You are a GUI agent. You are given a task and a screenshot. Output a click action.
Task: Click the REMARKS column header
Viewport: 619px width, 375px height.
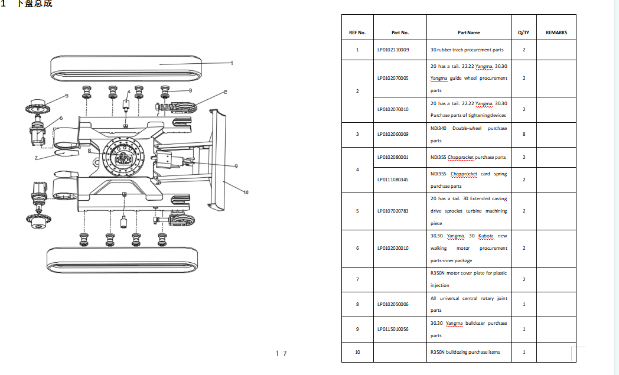(x=556, y=33)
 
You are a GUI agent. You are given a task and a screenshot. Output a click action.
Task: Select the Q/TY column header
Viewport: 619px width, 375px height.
(x=523, y=33)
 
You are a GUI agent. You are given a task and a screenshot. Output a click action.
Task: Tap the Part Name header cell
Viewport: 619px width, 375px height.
(x=468, y=33)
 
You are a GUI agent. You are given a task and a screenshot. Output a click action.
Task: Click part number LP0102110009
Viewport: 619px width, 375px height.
(x=393, y=50)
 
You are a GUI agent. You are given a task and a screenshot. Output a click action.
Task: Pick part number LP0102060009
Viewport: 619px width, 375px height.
(x=393, y=134)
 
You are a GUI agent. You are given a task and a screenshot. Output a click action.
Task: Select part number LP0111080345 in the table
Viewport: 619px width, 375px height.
(x=393, y=180)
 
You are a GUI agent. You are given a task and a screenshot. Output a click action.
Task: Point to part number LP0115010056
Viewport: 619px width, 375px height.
(x=393, y=329)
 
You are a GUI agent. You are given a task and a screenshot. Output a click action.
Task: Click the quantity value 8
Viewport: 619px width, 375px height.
(x=524, y=134)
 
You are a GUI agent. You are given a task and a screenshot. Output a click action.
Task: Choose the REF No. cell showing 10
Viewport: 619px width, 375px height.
(x=357, y=352)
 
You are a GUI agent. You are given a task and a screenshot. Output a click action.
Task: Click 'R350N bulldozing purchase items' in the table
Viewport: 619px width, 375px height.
(x=465, y=352)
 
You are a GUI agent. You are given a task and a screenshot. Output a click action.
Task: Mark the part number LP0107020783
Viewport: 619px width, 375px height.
(x=393, y=211)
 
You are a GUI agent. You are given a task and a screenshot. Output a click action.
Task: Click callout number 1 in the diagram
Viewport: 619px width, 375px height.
(x=232, y=63)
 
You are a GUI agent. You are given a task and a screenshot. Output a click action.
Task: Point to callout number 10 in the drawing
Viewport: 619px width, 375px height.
(x=246, y=192)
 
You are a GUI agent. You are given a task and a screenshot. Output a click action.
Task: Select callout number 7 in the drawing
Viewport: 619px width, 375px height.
(x=36, y=158)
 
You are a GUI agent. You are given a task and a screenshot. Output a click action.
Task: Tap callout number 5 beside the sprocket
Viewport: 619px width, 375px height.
(x=67, y=95)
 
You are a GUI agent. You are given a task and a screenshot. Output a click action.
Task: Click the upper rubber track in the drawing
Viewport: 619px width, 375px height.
(x=127, y=68)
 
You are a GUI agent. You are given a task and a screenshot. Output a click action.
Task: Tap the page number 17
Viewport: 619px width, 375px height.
(x=281, y=353)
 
